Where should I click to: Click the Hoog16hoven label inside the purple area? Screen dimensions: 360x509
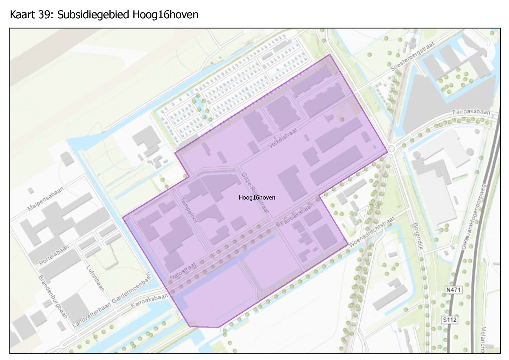(x=257, y=197)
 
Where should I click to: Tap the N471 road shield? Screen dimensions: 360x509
(x=453, y=290)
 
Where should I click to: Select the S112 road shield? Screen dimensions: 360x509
(x=449, y=320)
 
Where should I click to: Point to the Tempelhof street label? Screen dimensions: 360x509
(x=189, y=210)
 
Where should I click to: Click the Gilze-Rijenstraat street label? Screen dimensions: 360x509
(x=255, y=193)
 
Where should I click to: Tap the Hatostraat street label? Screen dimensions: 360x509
(x=183, y=271)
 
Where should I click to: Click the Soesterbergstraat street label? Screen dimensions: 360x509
(x=413, y=56)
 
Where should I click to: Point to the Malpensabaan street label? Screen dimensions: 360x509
(x=45, y=199)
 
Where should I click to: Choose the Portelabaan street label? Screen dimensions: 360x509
(x=54, y=255)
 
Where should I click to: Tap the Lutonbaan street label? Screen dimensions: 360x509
(x=96, y=278)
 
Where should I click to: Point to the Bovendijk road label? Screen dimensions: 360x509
(x=418, y=236)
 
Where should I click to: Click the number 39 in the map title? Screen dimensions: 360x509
(x=45, y=15)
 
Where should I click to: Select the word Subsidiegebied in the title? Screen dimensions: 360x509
(x=93, y=15)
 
